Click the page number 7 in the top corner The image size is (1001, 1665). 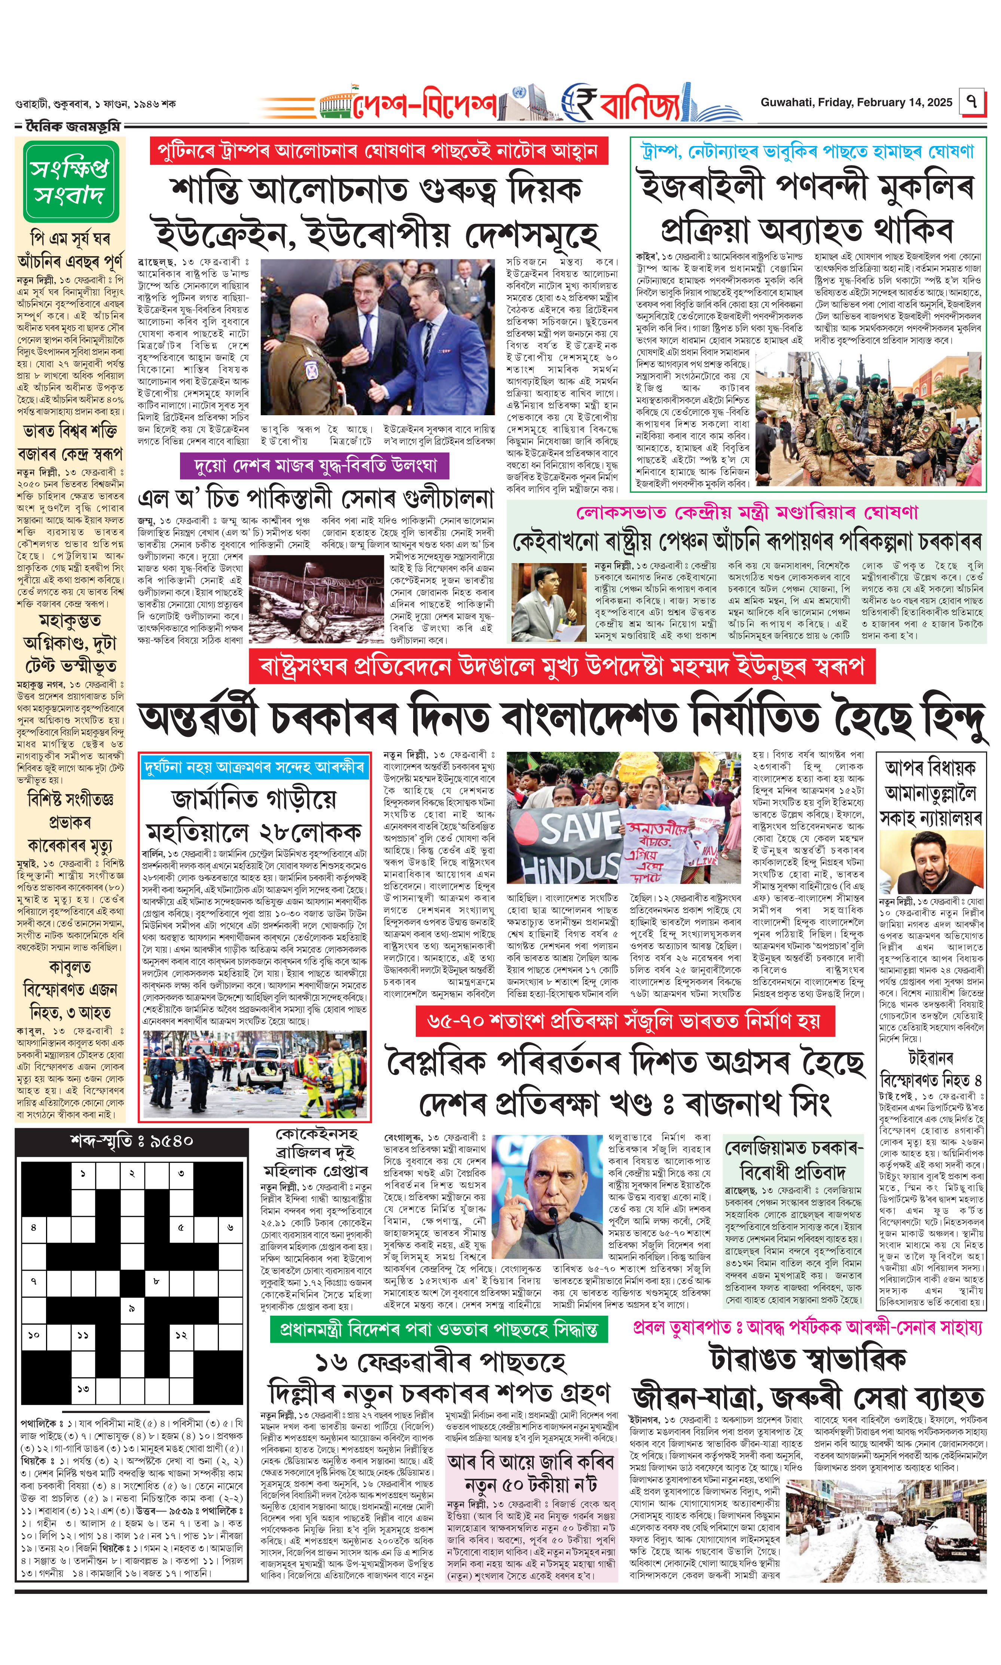[x=971, y=103]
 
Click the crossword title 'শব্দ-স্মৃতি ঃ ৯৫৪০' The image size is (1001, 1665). [x=132, y=1140]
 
